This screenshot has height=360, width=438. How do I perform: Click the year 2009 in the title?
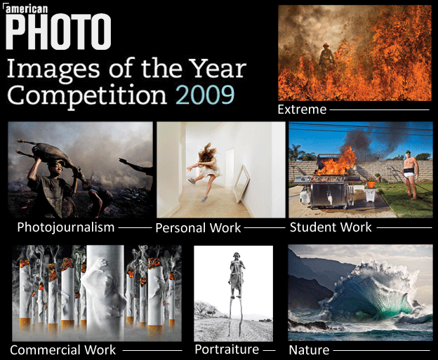click(205, 95)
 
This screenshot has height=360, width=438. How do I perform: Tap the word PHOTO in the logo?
click(58, 32)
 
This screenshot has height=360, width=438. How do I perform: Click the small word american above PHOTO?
click(27, 9)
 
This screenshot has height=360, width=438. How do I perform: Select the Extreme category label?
click(302, 109)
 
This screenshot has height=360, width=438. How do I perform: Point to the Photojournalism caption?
click(66, 227)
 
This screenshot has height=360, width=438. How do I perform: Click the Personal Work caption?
click(198, 228)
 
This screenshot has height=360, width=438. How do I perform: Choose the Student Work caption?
click(331, 227)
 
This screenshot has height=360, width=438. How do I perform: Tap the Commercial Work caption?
click(63, 350)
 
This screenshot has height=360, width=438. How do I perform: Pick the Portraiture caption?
click(227, 349)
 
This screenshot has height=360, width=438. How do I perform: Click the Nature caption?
click(309, 350)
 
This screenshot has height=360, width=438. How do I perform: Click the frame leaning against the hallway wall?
click(241, 183)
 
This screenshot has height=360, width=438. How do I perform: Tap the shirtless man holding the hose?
click(410, 175)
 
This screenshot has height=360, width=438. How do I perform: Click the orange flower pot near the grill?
click(371, 184)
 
